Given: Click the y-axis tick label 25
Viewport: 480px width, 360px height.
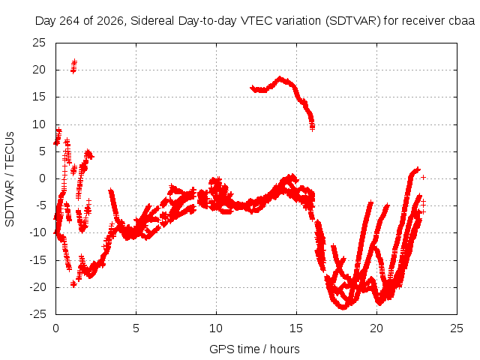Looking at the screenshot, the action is coord(39,43).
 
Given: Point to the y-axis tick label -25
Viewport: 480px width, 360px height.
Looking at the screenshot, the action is coord(37,314).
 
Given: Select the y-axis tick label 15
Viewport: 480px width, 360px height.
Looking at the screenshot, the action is coord(39,97).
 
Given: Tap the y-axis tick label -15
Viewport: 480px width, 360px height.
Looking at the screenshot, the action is coord(37,260).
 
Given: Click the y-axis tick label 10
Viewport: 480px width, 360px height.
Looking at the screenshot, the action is coord(39,124).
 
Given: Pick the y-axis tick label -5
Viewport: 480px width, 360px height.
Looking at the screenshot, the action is coord(40,205).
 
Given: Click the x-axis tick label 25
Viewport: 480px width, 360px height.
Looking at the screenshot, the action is coord(457,328).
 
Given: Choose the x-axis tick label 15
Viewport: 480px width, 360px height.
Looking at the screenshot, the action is coord(296,328).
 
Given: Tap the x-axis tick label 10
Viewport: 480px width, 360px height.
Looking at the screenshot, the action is coord(216,328).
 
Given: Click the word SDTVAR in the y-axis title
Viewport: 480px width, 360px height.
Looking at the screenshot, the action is coord(10,203).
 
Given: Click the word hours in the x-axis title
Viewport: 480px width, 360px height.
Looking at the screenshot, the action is coord(285,349).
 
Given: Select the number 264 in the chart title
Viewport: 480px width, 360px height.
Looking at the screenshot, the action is coord(70,21).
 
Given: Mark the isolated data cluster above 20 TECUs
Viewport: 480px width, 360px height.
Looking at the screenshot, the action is coord(73,67).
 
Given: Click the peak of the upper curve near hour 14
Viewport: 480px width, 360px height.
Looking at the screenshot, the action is coord(280,79).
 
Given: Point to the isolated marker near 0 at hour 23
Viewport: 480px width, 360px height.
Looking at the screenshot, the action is coord(423,177).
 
